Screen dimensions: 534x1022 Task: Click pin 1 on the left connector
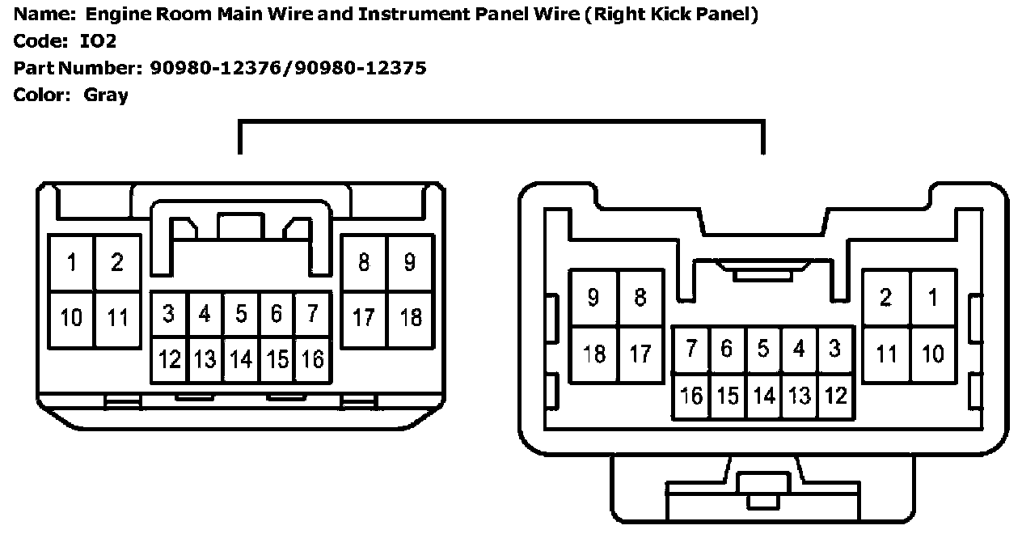(72, 262)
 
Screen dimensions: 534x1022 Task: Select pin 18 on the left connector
(411, 316)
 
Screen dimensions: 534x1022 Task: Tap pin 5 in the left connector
(241, 314)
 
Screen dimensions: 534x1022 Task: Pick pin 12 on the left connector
(170, 358)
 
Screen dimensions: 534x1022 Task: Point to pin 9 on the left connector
(411, 262)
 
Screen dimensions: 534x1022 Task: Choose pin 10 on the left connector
(72, 317)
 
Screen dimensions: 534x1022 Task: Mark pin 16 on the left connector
(313, 358)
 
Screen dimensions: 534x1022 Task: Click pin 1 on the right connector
(934, 298)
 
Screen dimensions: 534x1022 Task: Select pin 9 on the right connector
(594, 298)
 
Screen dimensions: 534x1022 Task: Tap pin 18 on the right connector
(594, 354)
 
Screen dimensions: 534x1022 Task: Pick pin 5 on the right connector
(763, 349)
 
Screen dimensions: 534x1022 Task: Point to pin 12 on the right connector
(835, 396)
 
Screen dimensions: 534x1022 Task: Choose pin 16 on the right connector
(692, 396)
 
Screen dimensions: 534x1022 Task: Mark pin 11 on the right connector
(887, 354)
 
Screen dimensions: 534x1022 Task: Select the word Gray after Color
(106, 95)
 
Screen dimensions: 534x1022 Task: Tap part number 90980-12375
(360, 68)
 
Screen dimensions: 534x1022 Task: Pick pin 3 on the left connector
(169, 314)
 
